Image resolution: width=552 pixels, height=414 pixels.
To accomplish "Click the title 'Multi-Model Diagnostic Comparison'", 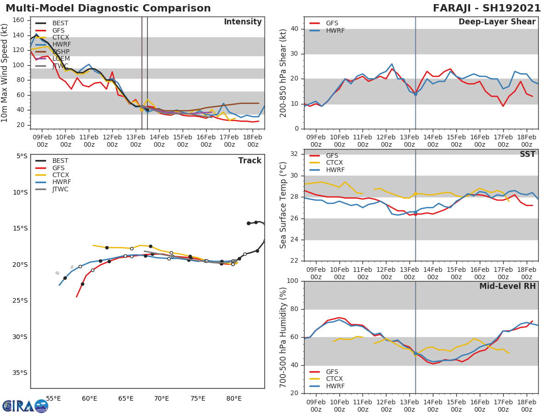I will [x=108, y=8].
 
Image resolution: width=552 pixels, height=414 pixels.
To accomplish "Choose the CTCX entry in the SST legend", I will [x=334, y=163].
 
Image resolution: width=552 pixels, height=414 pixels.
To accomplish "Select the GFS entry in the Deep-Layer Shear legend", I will [x=332, y=23].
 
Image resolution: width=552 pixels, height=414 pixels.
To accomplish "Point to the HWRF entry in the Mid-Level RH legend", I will [x=335, y=386].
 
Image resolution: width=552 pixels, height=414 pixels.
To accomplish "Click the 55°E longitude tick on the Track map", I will [x=54, y=398].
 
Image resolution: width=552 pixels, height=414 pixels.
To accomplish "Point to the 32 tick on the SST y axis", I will [x=294, y=154].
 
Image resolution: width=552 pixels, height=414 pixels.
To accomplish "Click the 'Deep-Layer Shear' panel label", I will [x=497, y=22].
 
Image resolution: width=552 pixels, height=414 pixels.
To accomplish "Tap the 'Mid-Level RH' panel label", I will [x=507, y=287].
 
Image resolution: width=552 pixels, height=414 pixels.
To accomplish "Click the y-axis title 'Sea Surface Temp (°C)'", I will [x=283, y=205].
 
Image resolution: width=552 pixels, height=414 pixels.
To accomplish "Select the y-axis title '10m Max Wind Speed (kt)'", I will [x=5, y=73].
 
